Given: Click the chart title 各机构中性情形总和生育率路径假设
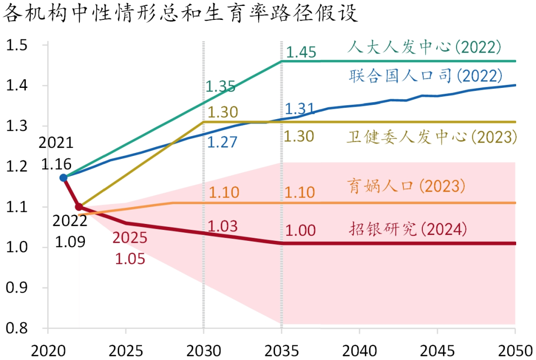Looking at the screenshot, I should [x=180, y=13].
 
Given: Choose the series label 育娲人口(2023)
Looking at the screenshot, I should [x=406, y=186].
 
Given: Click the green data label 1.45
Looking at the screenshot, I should [x=301, y=52].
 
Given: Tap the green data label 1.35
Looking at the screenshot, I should [x=220, y=86].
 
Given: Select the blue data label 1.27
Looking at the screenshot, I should [x=221, y=142].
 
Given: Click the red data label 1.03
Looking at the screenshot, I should [x=222, y=226].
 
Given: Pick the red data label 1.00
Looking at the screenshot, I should [x=301, y=230].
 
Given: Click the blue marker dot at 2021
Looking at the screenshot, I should [x=63, y=177].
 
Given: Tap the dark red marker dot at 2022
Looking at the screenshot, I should [x=79, y=207].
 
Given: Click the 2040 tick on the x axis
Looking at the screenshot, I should [x=359, y=351].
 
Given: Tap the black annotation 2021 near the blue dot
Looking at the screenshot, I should [x=56, y=143].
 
